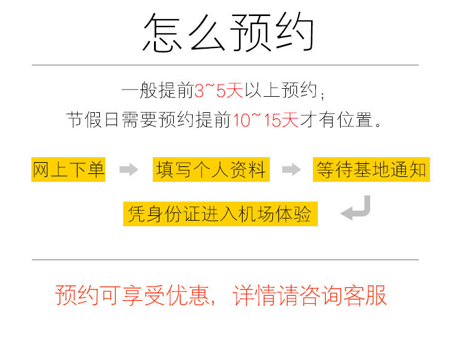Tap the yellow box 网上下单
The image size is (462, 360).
pyautogui.click(x=68, y=170)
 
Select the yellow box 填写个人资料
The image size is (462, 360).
pyautogui.click(x=211, y=170)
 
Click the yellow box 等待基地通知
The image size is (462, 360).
pyautogui.click(x=371, y=170)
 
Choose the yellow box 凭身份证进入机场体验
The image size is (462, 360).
pyautogui.click(x=220, y=214)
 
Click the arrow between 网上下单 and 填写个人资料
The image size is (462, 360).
pyautogui.click(x=128, y=170)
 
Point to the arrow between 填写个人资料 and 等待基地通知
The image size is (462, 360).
pyautogui.click(x=291, y=170)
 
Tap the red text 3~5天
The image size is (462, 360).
pyautogui.click(x=219, y=91)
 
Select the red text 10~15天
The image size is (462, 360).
pyautogui.click(x=265, y=120)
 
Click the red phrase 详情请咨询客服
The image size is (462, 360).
pyautogui.click(x=310, y=296)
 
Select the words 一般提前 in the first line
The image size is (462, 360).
pyautogui.click(x=158, y=91)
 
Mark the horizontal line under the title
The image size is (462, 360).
pyautogui.click(x=225, y=65)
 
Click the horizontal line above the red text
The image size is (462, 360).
pyautogui.click(x=225, y=260)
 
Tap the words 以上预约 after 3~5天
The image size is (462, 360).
pyautogui.click(x=281, y=91)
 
